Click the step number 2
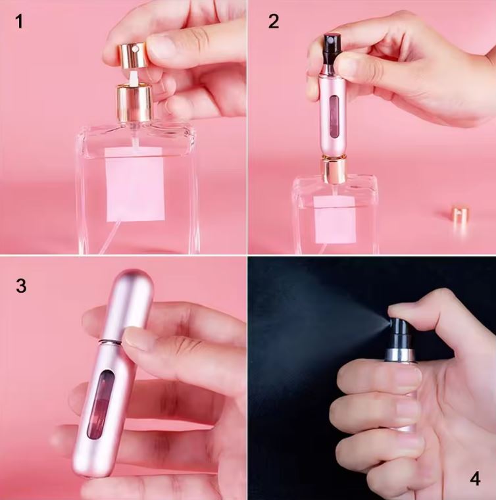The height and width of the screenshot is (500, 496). pos(273,21)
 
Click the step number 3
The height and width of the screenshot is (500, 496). pos(21,286)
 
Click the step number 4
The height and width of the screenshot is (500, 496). pos(474,478)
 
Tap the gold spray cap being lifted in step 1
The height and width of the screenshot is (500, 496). pos(132,54)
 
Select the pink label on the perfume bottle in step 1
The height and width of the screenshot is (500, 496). pos(135,184)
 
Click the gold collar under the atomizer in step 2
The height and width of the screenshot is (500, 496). pos(334,170)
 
